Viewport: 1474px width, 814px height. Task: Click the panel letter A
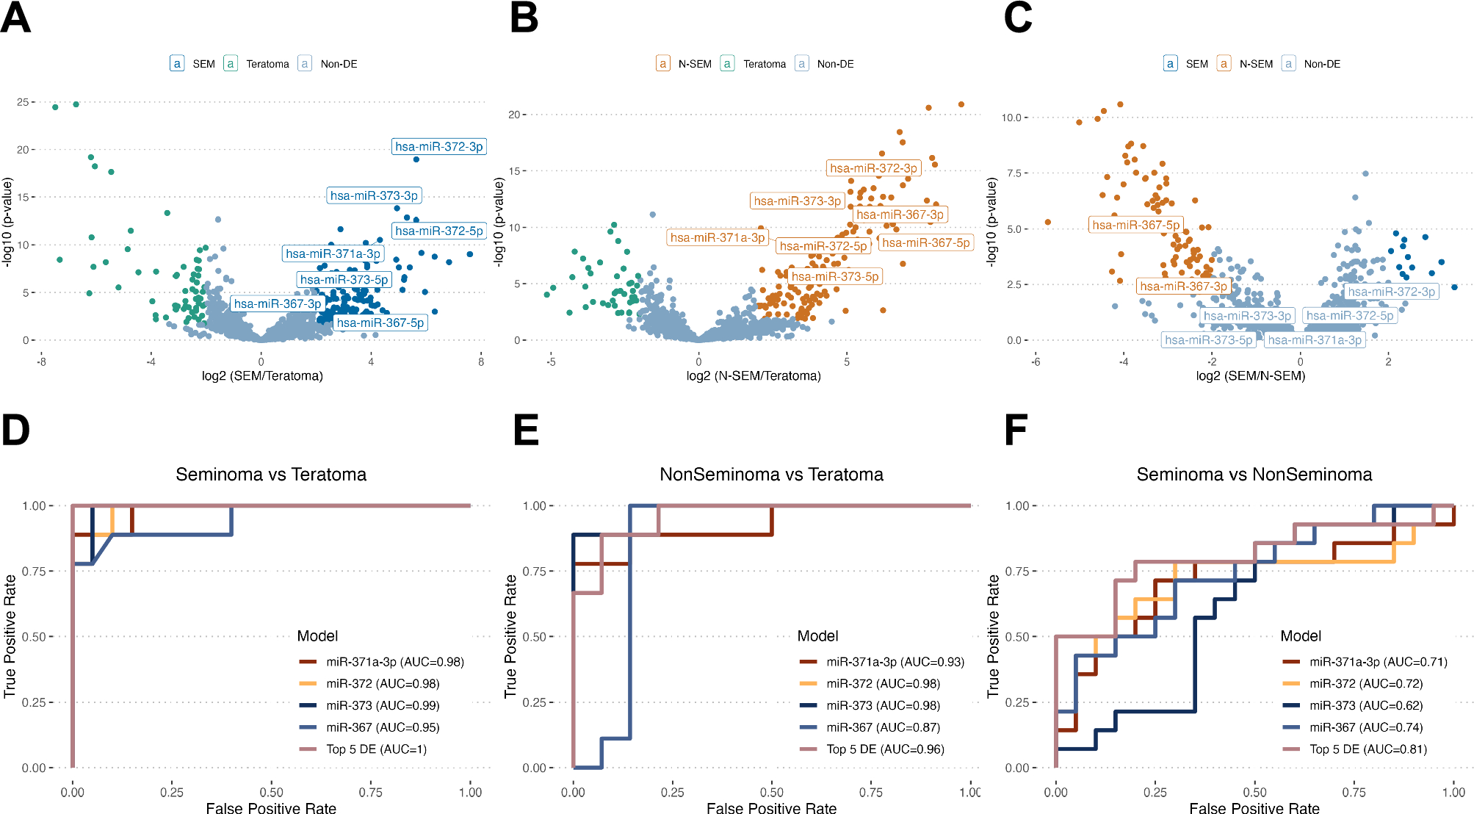coord(15,18)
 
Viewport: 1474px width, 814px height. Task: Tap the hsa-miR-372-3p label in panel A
coord(438,147)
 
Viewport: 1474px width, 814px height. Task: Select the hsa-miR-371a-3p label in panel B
coord(718,237)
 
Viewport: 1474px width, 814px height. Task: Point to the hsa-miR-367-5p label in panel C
coord(1135,225)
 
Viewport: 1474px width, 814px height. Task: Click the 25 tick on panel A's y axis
coord(23,102)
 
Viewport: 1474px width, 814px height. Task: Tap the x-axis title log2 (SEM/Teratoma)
coord(262,376)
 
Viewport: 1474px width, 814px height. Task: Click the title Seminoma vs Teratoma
coord(271,475)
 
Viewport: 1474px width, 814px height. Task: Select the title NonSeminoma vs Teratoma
coord(771,475)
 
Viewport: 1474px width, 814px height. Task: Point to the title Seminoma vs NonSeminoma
coord(1254,475)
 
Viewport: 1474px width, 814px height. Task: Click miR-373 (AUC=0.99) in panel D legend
coord(383,705)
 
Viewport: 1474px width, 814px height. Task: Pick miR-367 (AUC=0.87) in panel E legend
coord(883,727)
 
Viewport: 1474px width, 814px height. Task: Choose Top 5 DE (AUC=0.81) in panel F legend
coord(1368,749)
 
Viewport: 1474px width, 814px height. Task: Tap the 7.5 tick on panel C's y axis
coord(1014,173)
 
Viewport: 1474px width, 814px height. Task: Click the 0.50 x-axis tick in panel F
coord(1254,792)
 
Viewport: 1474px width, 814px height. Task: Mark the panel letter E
coord(526,430)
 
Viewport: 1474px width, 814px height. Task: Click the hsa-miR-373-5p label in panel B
coord(834,276)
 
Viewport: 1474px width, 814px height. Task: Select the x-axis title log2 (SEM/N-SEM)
coord(1250,376)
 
